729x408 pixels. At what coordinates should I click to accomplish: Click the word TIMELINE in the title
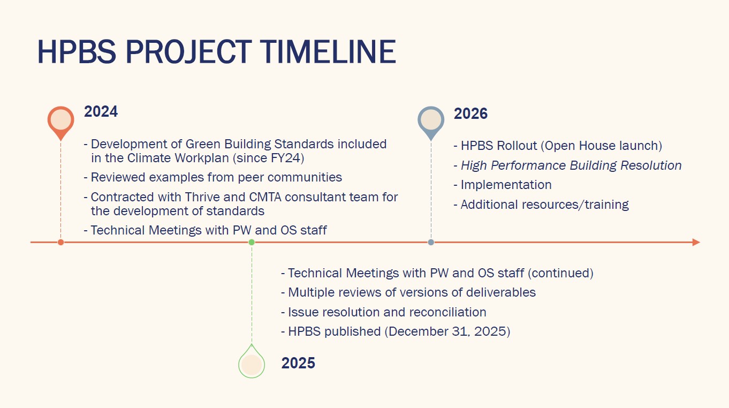click(x=328, y=51)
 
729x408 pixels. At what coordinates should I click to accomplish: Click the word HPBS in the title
click(x=77, y=51)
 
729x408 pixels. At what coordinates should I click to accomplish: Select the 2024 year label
click(x=101, y=111)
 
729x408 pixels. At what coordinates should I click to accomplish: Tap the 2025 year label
click(x=298, y=363)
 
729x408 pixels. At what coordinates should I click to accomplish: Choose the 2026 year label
click(x=470, y=114)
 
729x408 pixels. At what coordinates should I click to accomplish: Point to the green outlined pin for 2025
click(x=252, y=361)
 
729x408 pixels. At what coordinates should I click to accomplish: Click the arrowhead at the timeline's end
click(x=696, y=242)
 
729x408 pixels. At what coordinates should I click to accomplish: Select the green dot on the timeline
click(x=252, y=242)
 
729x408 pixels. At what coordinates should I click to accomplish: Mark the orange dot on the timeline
click(x=60, y=242)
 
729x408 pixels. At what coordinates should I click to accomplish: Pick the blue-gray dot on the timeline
click(x=431, y=242)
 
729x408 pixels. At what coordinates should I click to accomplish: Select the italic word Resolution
click(x=651, y=165)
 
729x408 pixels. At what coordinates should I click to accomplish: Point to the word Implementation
click(x=506, y=185)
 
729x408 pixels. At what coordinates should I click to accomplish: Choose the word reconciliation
click(x=448, y=312)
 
